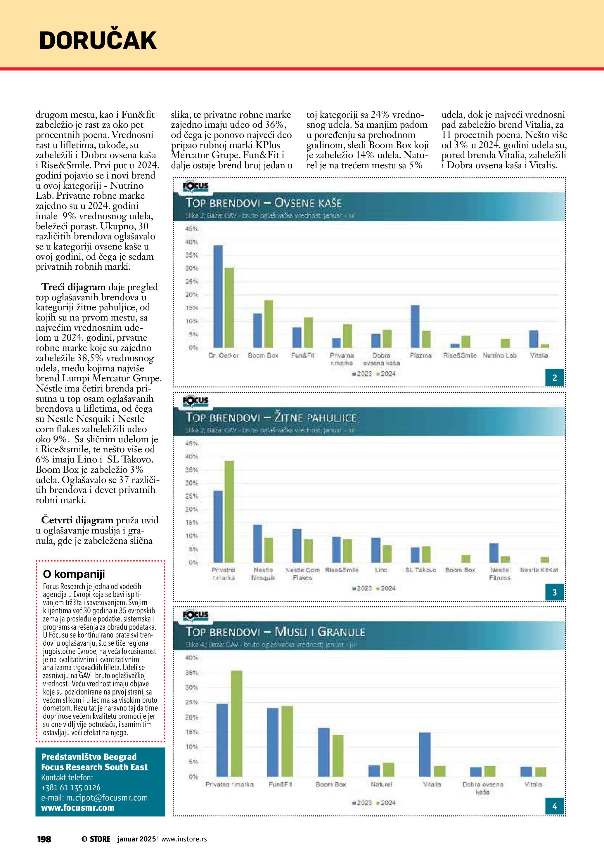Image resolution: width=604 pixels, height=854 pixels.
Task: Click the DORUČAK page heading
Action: point(98,41)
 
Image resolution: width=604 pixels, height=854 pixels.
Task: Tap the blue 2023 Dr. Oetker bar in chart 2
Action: point(218,297)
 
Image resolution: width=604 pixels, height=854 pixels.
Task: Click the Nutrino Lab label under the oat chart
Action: point(499,355)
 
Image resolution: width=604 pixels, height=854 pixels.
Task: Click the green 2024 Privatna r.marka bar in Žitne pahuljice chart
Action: point(229,511)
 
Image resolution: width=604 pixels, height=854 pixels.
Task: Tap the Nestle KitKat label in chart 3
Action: point(539,570)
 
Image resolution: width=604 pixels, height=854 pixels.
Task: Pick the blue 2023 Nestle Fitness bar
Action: point(494,553)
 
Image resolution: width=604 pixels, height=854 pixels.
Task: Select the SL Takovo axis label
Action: point(421,570)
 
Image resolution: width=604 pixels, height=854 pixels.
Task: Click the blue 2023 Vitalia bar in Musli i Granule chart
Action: point(425,755)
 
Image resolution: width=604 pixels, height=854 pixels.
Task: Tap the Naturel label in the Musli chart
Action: point(381,784)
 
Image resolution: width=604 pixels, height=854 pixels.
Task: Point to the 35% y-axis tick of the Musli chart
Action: point(191,673)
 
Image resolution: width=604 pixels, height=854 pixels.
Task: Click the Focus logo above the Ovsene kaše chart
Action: point(195,187)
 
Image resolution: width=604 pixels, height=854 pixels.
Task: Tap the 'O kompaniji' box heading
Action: point(74,574)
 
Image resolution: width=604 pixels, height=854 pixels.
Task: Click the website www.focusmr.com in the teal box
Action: point(78,808)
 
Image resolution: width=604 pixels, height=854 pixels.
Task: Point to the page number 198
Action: point(44,839)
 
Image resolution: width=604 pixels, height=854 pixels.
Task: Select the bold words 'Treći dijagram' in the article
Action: point(74,287)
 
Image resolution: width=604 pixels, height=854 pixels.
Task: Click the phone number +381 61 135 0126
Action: point(71,788)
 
